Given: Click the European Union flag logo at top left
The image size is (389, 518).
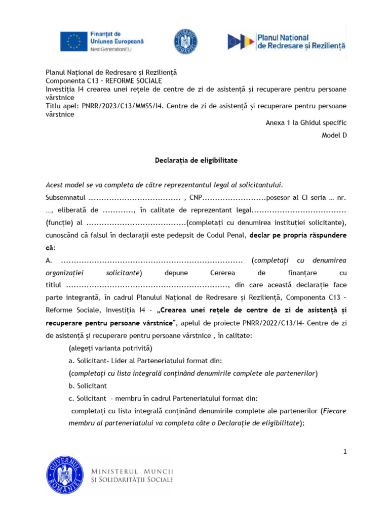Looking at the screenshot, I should (74, 41).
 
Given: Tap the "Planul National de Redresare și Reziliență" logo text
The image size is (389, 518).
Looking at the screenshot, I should (301, 41).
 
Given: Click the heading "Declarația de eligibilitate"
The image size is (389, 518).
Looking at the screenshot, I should (196, 160).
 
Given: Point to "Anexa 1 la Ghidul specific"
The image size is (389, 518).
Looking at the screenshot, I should (306, 123).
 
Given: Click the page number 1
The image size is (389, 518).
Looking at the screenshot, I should (345, 452).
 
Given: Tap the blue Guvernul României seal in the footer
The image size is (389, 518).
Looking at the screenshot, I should (65, 475).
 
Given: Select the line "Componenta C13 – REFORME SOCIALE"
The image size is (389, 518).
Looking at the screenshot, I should (104, 81).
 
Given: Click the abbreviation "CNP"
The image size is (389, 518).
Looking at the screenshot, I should (196, 197).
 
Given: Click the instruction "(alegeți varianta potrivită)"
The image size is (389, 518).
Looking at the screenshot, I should (110, 349).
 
